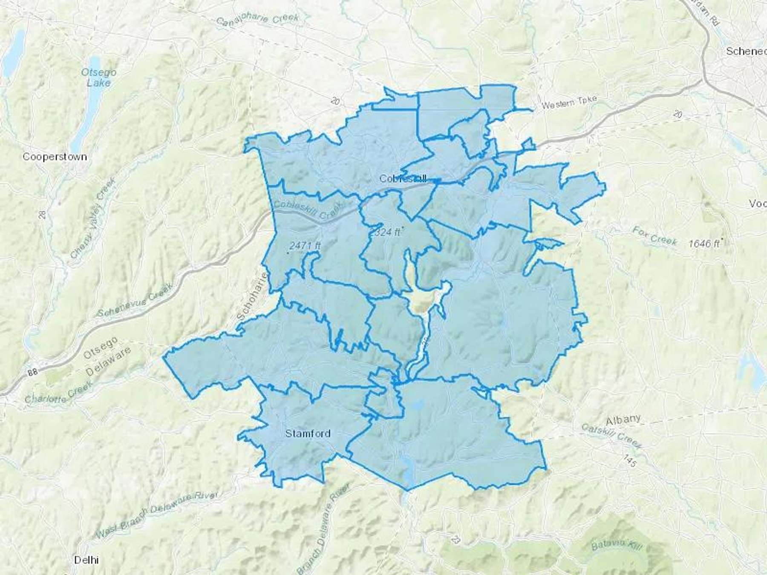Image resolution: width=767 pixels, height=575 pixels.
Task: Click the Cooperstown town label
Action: click(55, 157)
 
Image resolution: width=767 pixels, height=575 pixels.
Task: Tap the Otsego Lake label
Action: click(98, 77)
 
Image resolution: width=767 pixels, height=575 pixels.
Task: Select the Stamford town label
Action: click(308, 434)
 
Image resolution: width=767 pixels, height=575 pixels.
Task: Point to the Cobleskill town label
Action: click(403, 179)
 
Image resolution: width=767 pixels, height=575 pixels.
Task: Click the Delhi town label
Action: click(86, 559)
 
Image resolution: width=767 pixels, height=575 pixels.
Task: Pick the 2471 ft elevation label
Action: click(305, 245)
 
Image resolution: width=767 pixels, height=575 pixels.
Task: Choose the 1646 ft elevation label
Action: click(704, 243)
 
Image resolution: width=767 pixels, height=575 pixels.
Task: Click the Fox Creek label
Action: click(655, 236)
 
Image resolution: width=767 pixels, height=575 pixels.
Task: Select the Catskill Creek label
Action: click(612, 435)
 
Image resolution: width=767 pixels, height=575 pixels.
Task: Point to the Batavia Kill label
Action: click(616, 545)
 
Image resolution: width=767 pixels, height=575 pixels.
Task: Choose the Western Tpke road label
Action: click(569, 102)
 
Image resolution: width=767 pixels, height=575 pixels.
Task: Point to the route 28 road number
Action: click(42, 214)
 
